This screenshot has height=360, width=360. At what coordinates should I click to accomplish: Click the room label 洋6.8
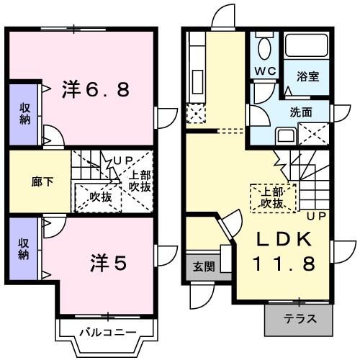(x=99, y=90)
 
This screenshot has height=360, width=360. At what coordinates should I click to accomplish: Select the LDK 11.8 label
(x=283, y=252)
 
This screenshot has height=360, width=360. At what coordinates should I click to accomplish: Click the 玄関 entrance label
(x=204, y=266)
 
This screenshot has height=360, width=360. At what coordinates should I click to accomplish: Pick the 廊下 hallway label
(x=24, y=182)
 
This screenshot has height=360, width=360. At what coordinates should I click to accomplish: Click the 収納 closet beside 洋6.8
(x=24, y=114)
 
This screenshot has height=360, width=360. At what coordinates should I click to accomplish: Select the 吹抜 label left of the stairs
(x=100, y=196)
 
